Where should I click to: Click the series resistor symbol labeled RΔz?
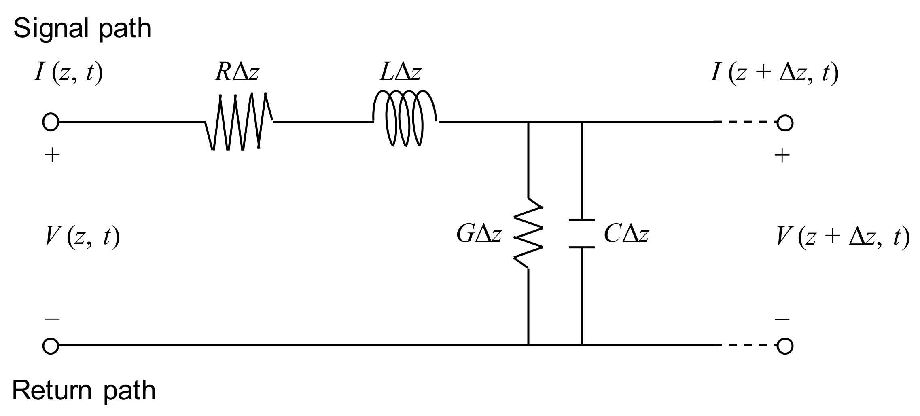pyautogui.click(x=239, y=122)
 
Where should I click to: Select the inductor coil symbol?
pyautogui.click(x=405, y=118)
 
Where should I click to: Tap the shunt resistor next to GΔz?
pyautogui.click(x=528, y=233)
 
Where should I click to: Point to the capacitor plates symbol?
pyautogui.click(x=581, y=233)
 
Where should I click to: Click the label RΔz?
pyautogui.click(x=237, y=73)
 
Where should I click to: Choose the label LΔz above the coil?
pyautogui.click(x=400, y=73)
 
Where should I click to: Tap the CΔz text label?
pyautogui.click(x=626, y=234)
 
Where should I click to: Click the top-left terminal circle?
pyautogui.click(x=51, y=122)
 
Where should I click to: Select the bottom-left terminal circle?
pyautogui.click(x=51, y=346)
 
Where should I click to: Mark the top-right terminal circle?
pyautogui.click(x=784, y=122)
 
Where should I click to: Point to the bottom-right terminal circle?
pyautogui.click(x=784, y=346)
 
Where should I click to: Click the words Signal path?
pyautogui.click(x=82, y=29)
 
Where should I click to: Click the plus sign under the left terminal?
pyautogui.click(x=52, y=155)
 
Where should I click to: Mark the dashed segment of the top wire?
pyautogui.click(x=745, y=122)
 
